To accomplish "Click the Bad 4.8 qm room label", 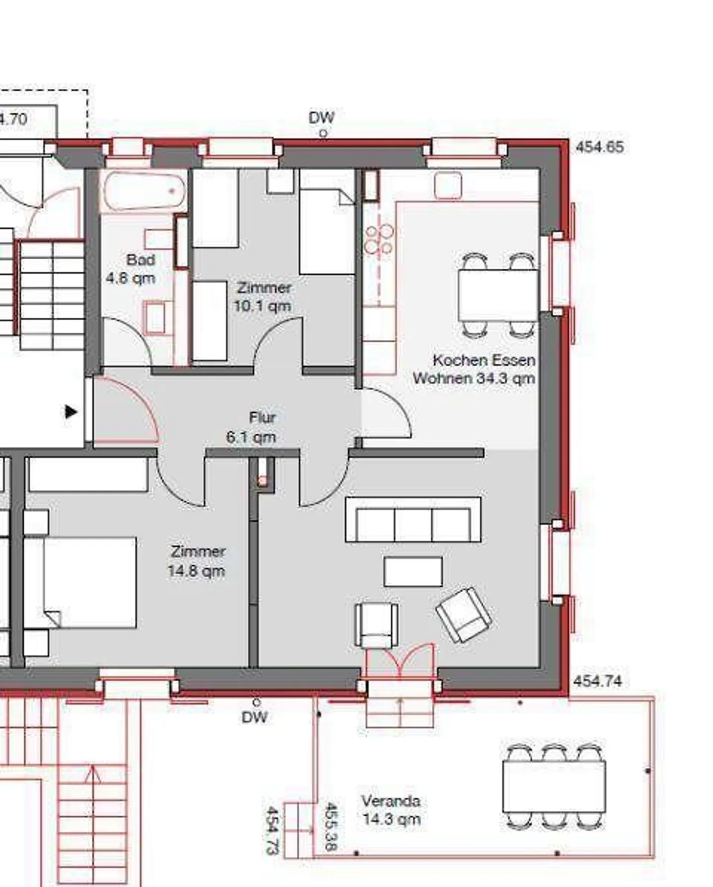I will [131, 269].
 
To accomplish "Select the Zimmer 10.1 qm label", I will [262, 297].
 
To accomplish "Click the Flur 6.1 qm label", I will [252, 427].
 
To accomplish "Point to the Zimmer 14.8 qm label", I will [197, 561].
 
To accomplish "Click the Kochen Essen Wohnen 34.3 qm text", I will [474, 369].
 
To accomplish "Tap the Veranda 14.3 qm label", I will [391, 810].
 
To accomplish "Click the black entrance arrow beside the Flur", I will [71, 412].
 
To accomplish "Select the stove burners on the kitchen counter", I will [379, 239].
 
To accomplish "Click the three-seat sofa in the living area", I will [413, 520].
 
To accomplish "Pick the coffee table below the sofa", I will [413, 572].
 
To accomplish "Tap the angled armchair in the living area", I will [463, 615].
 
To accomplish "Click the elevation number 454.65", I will [600, 147].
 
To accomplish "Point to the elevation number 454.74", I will [597, 681].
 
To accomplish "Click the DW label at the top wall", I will [321, 118].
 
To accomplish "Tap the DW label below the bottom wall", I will [255, 717].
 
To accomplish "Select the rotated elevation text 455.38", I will [331, 827].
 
